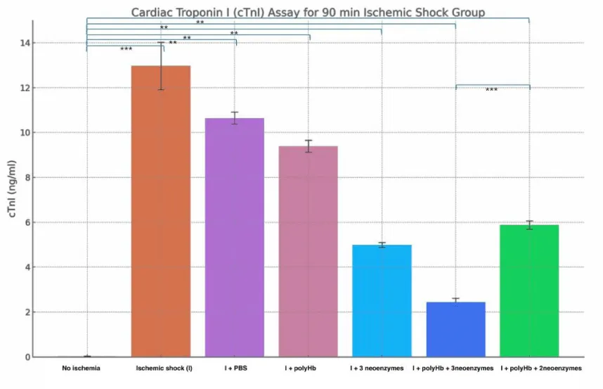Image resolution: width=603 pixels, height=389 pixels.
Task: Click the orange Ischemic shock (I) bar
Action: (x=161, y=211)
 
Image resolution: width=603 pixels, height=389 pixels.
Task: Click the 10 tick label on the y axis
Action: (x=26, y=133)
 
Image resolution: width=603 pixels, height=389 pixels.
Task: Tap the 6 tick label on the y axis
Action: (x=28, y=222)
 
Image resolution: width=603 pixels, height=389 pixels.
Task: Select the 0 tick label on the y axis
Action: (x=28, y=357)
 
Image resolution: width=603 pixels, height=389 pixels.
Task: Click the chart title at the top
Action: (x=308, y=13)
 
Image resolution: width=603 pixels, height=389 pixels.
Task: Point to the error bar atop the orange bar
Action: (x=161, y=66)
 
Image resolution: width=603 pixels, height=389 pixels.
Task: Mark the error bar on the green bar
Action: (x=529, y=225)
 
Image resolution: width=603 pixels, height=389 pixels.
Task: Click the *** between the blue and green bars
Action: (x=491, y=90)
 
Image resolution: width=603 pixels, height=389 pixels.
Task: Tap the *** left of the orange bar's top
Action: (x=126, y=49)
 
